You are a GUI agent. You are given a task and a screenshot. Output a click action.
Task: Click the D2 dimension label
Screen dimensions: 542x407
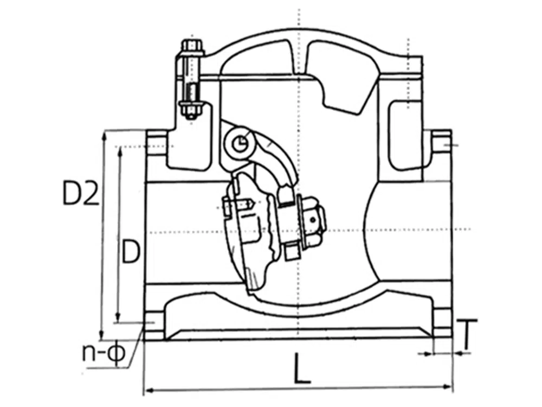[81, 193]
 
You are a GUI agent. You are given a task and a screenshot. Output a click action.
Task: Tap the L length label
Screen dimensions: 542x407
[302, 368]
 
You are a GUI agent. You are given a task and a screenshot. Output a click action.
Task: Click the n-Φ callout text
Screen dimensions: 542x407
[103, 352]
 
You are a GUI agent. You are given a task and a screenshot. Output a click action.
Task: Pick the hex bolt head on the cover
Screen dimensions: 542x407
[192, 46]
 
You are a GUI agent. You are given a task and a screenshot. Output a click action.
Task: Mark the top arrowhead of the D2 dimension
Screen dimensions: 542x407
[103, 136]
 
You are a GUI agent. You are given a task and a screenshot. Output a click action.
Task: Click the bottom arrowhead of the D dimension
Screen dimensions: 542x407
[118, 317]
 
